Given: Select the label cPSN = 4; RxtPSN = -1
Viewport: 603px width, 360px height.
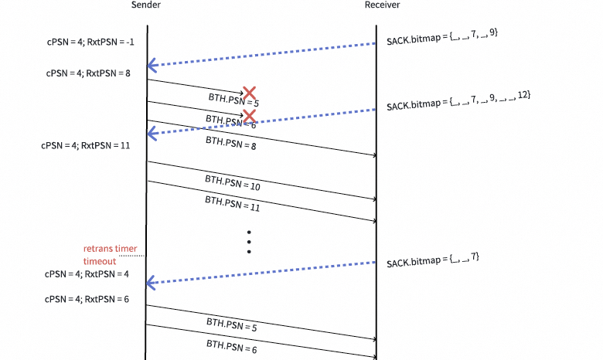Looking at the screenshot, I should pos(90,42).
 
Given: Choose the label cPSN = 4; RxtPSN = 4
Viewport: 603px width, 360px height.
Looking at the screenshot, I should pos(87,273).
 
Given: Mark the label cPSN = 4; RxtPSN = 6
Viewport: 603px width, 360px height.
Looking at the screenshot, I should pos(87,299).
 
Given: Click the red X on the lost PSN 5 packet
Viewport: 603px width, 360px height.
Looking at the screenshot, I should pos(249,93).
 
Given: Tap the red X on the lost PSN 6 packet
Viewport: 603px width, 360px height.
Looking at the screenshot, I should pos(249,116).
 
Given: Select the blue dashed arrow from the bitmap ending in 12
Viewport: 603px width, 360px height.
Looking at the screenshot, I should pos(263,121).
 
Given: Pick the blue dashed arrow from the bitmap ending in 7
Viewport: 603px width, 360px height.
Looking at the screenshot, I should pos(263,273).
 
